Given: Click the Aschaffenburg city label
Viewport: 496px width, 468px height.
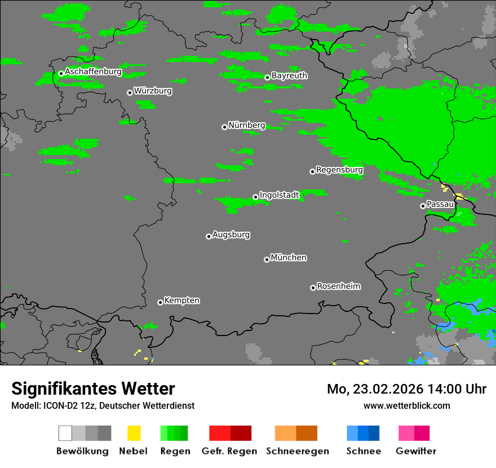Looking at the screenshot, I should (93, 72).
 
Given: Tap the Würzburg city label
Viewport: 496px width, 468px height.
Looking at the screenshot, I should (153, 91).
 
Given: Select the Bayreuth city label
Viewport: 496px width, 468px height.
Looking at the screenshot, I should (289, 76).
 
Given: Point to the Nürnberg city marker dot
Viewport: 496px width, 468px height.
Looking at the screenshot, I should (224, 127).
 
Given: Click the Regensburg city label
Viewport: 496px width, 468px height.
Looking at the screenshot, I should (339, 170).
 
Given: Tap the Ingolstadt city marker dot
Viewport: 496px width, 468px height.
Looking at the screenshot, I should (255, 197).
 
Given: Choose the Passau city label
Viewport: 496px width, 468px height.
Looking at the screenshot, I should (440, 204).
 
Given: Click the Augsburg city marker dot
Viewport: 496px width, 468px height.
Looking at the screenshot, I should (209, 236).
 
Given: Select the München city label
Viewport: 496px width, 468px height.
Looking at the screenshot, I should (289, 258).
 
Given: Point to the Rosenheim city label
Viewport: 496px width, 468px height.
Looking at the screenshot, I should (338, 286).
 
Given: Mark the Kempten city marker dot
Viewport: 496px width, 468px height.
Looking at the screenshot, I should (160, 302).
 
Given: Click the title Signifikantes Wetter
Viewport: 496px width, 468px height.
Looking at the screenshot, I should (93, 389).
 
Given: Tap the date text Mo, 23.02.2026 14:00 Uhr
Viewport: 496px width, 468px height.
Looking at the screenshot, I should (406, 389).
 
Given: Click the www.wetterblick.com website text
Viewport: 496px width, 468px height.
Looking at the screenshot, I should (406, 405).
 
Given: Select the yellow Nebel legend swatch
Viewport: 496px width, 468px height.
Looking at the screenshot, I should (134, 433).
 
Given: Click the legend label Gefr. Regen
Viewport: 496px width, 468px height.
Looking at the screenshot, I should (229, 451).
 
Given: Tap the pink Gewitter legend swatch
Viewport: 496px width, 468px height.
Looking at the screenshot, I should (407, 433).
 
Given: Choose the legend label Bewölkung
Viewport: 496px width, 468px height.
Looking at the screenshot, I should (82, 451).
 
